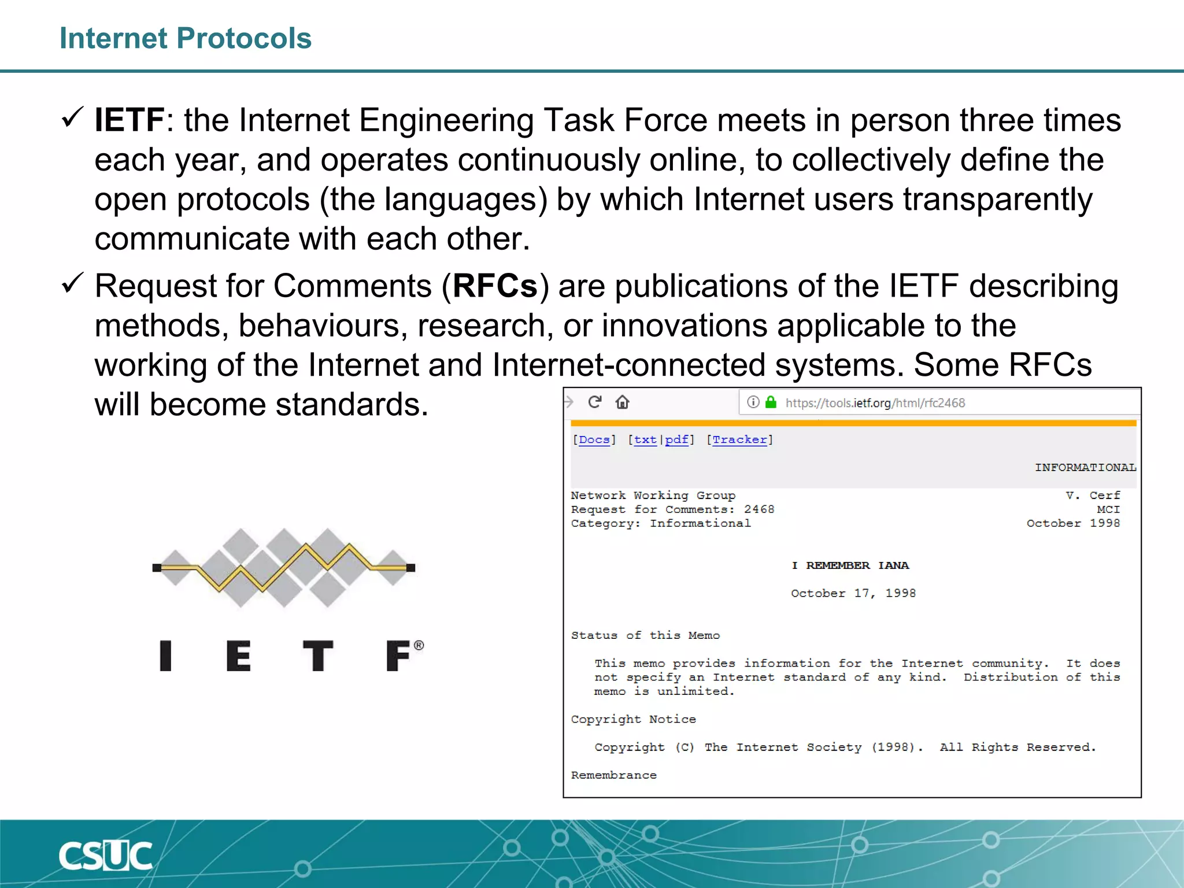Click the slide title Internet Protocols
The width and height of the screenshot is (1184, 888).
[185, 39]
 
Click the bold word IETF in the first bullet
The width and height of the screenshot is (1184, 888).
[129, 120]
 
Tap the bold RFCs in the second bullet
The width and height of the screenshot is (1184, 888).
[495, 286]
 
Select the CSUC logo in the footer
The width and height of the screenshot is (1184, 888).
[105, 856]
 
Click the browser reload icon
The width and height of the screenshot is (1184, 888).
[595, 402]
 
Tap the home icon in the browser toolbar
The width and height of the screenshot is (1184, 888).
[622, 402]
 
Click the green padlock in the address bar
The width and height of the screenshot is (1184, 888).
[771, 402]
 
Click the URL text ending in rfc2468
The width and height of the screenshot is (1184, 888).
[875, 403]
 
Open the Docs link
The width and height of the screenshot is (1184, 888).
[594, 440]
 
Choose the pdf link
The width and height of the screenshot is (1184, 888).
[676, 440]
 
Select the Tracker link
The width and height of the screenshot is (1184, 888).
[739, 440]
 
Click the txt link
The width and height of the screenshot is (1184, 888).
[645, 440]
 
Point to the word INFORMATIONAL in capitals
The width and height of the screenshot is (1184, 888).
[1085, 468]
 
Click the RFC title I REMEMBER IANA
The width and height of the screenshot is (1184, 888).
[850, 565]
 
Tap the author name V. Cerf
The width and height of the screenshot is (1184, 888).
[1093, 495]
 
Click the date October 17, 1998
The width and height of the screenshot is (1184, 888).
[853, 593]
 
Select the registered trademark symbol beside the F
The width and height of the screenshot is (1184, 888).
[419, 645]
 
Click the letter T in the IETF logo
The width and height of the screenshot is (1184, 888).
[318, 656]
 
